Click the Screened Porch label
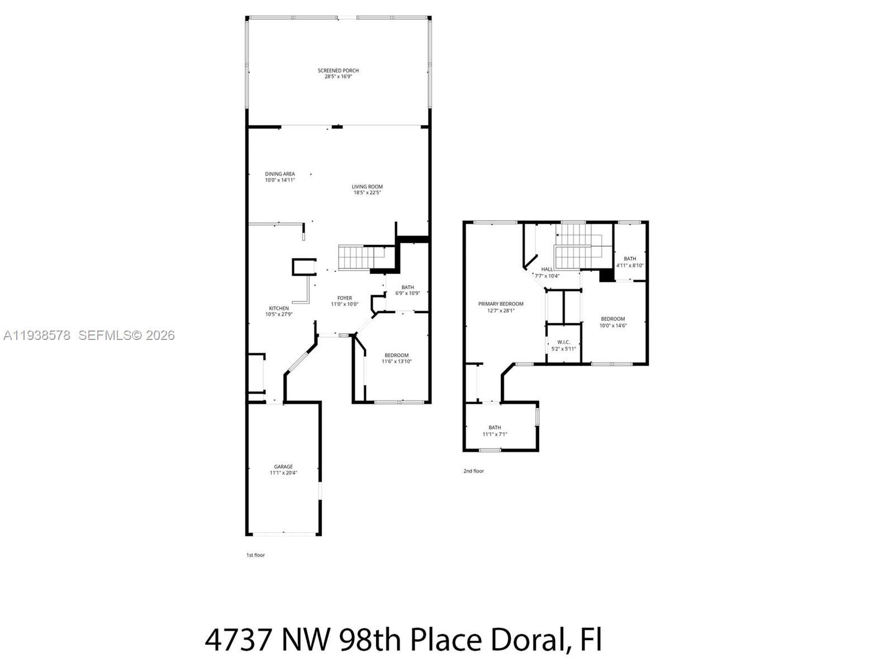[x=338, y=70]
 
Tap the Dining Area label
[x=279, y=174]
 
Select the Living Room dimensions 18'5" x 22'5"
[x=367, y=193]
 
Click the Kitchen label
[x=279, y=308]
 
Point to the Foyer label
[x=344, y=298]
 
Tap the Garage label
[x=283, y=466]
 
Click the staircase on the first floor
[x=357, y=258]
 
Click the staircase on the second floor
[x=578, y=246]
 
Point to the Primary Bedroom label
[x=500, y=304]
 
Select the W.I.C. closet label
[x=563, y=342]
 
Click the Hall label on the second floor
[x=546, y=269]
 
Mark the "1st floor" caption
[x=255, y=555]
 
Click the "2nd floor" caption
[x=473, y=471]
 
